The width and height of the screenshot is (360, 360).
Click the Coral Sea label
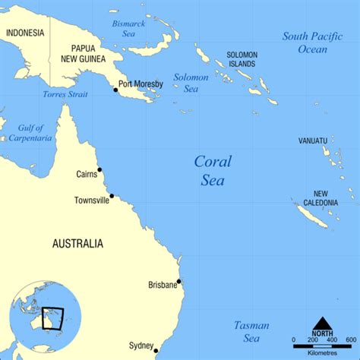pyautogui.click(x=213, y=170)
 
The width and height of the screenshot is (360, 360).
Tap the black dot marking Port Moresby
pyautogui.click(x=115, y=90)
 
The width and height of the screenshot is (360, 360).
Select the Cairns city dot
pyautogui.click(x=99, y=170)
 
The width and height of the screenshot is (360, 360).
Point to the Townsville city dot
pyautogui.click(x=112, y=196)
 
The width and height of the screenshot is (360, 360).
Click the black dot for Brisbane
pyautogui.click(x=178, y=282)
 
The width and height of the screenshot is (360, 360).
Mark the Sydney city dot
pyautogui.click(x=156, y=350)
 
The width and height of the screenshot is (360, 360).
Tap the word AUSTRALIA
pyautogui.click(x=77, y=244)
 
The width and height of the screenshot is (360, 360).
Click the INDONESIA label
pyautogui.click(x=24, y=33)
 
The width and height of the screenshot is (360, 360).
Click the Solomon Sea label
pyautogui.click(x=191, y=83)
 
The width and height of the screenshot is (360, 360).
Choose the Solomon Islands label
pyautogui.click(x=242, y=60)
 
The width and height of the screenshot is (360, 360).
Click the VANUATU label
pyautogui.click(x=312, y=141)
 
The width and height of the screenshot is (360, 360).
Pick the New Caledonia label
pyautogui.click(x=322, y=198)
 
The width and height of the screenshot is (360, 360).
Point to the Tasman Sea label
pyautogui.click(x=251, y=331)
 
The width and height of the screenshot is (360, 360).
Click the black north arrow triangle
pyautogui.click(x=322, y=324)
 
